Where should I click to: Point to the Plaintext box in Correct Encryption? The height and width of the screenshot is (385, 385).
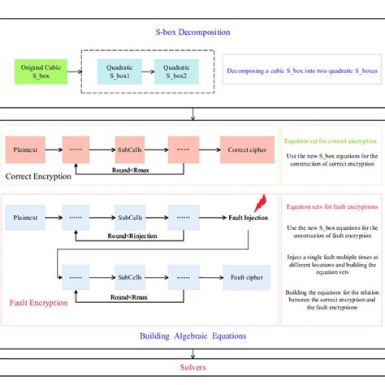31,150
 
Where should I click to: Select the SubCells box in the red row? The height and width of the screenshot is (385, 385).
129,150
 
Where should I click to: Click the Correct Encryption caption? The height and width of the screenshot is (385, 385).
39,176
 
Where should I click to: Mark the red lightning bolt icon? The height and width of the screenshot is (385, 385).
261,202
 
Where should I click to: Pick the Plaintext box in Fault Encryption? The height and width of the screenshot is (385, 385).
31,217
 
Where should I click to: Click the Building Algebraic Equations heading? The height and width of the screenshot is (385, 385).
192,335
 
